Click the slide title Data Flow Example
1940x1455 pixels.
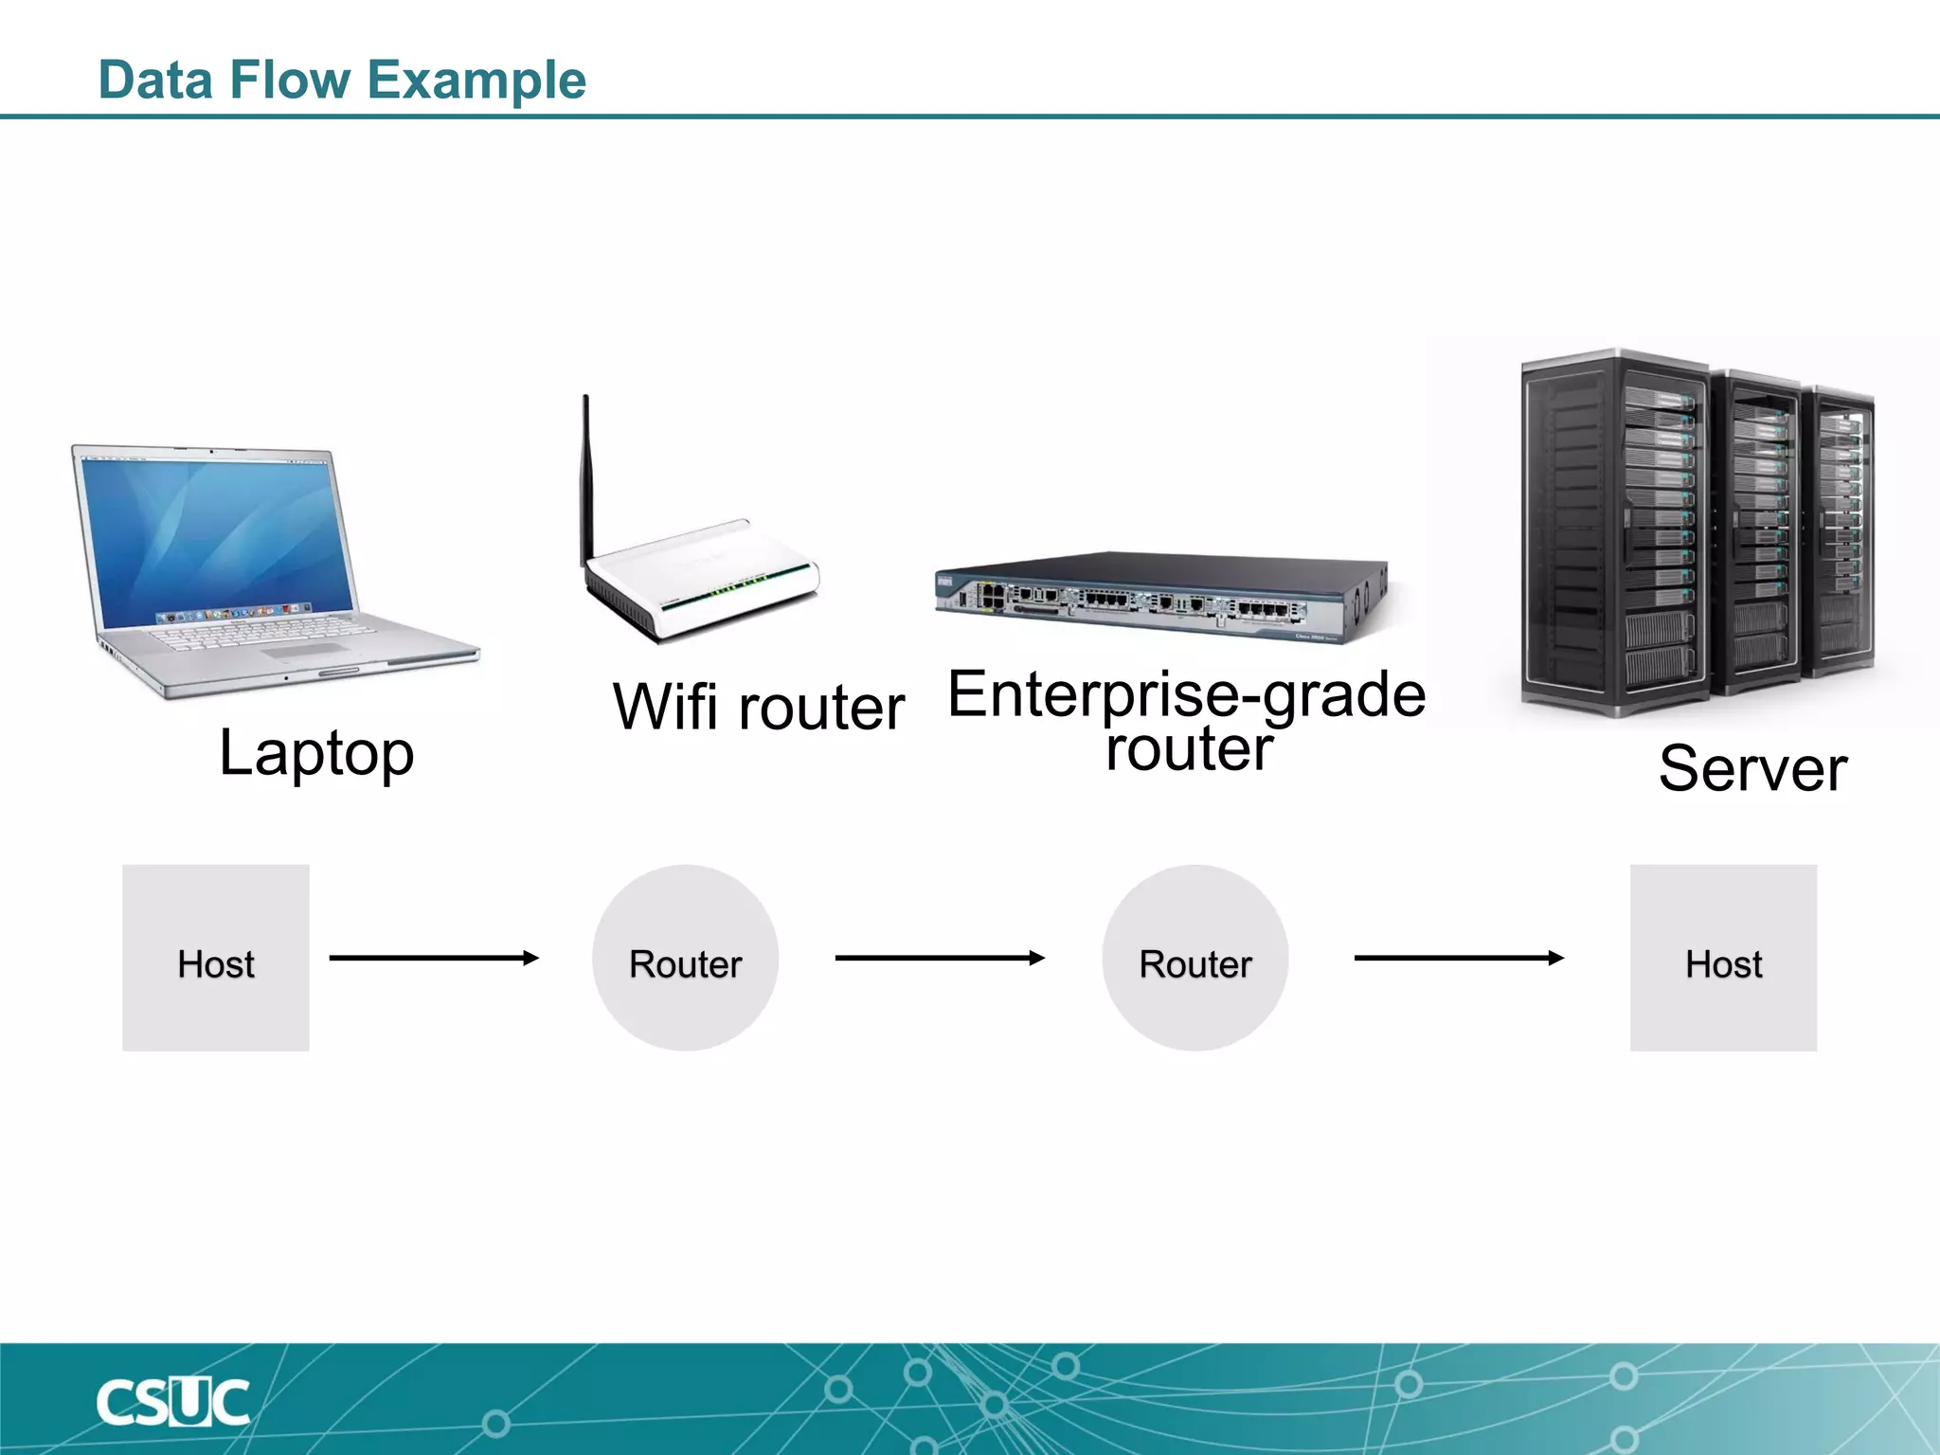342,80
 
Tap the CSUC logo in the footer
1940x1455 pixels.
172,1402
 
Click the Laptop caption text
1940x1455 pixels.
316,753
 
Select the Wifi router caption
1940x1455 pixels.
759,707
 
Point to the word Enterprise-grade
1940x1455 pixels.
1186,693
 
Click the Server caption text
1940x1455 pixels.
1752,767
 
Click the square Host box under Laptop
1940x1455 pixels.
216,958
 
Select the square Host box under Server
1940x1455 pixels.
1723,958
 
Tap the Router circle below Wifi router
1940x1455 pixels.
685,958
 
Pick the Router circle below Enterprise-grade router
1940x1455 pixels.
1195,958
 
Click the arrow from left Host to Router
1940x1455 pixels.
434,958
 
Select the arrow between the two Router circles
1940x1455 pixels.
940,958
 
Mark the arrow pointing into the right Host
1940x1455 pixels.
1459,958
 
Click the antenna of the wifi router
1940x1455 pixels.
586,474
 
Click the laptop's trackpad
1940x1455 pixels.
305,651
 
